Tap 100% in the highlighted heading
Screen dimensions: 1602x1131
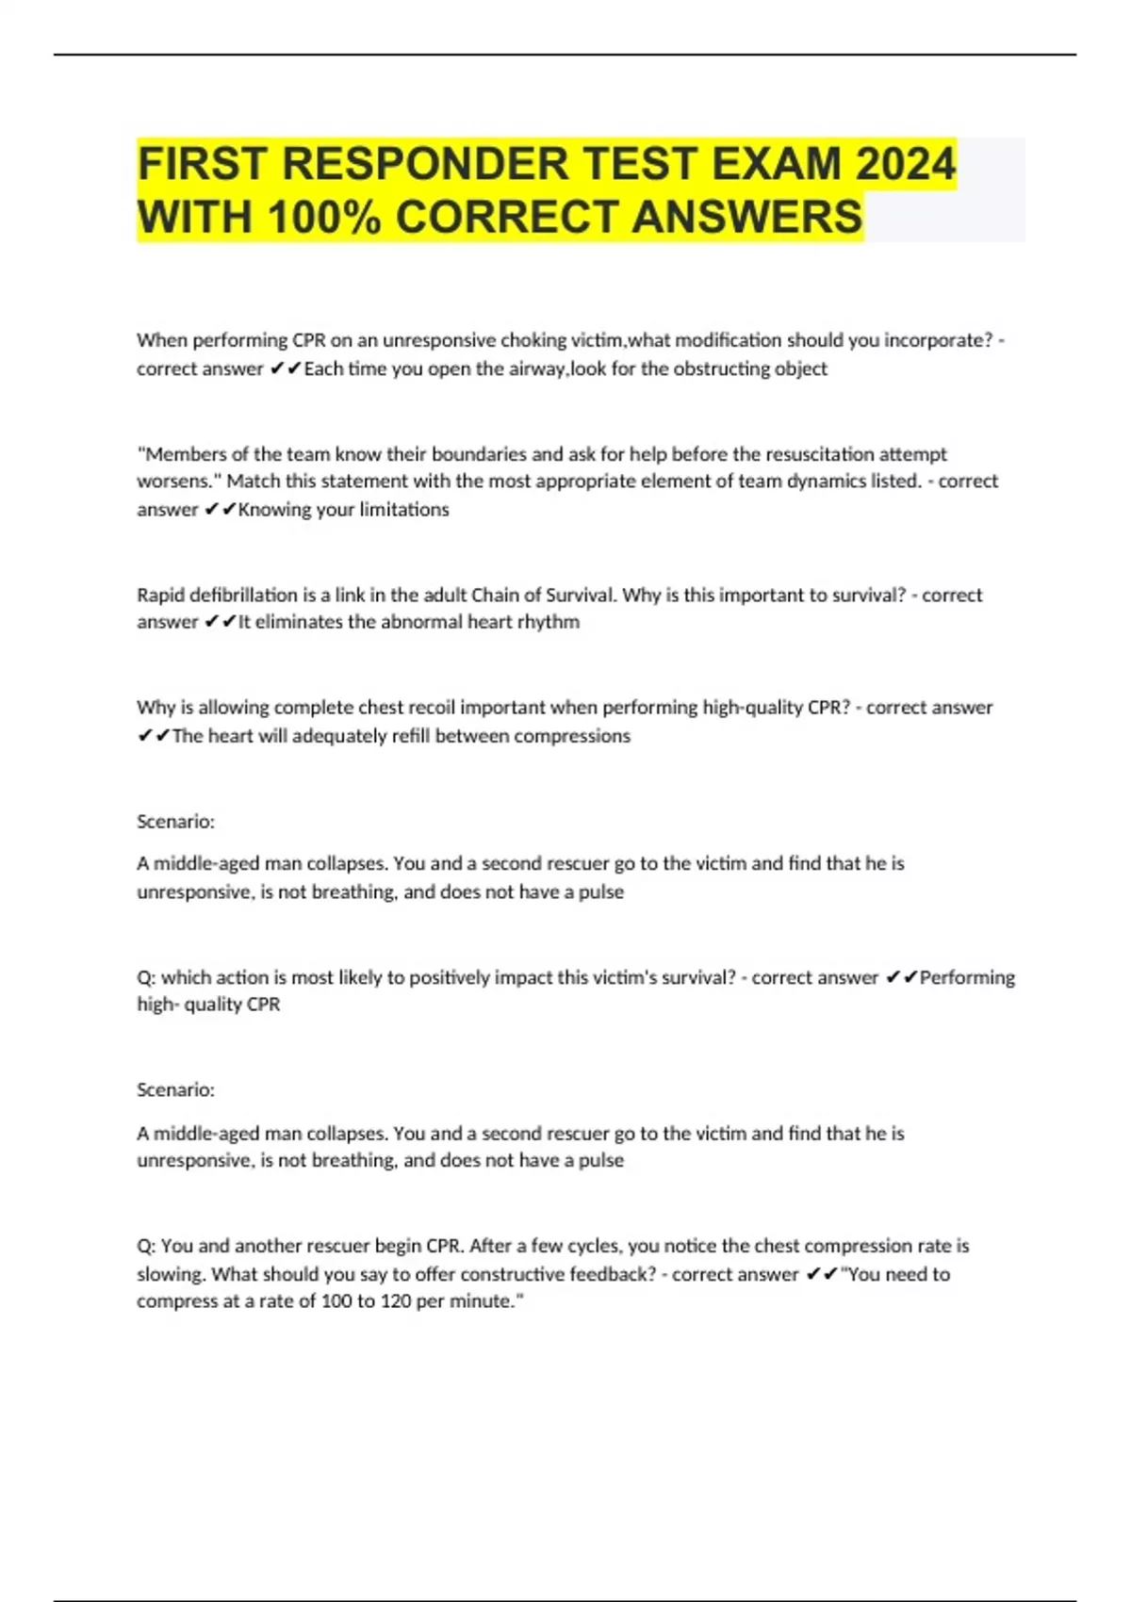pyautogui.click(x=323, y=217)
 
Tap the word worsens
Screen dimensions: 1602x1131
pyautogui.click(x=178, y=482)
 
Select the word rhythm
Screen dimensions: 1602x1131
pyautogui.click(x=549, y=622)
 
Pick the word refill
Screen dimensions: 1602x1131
pyautogui.click(x=411, y=736)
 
